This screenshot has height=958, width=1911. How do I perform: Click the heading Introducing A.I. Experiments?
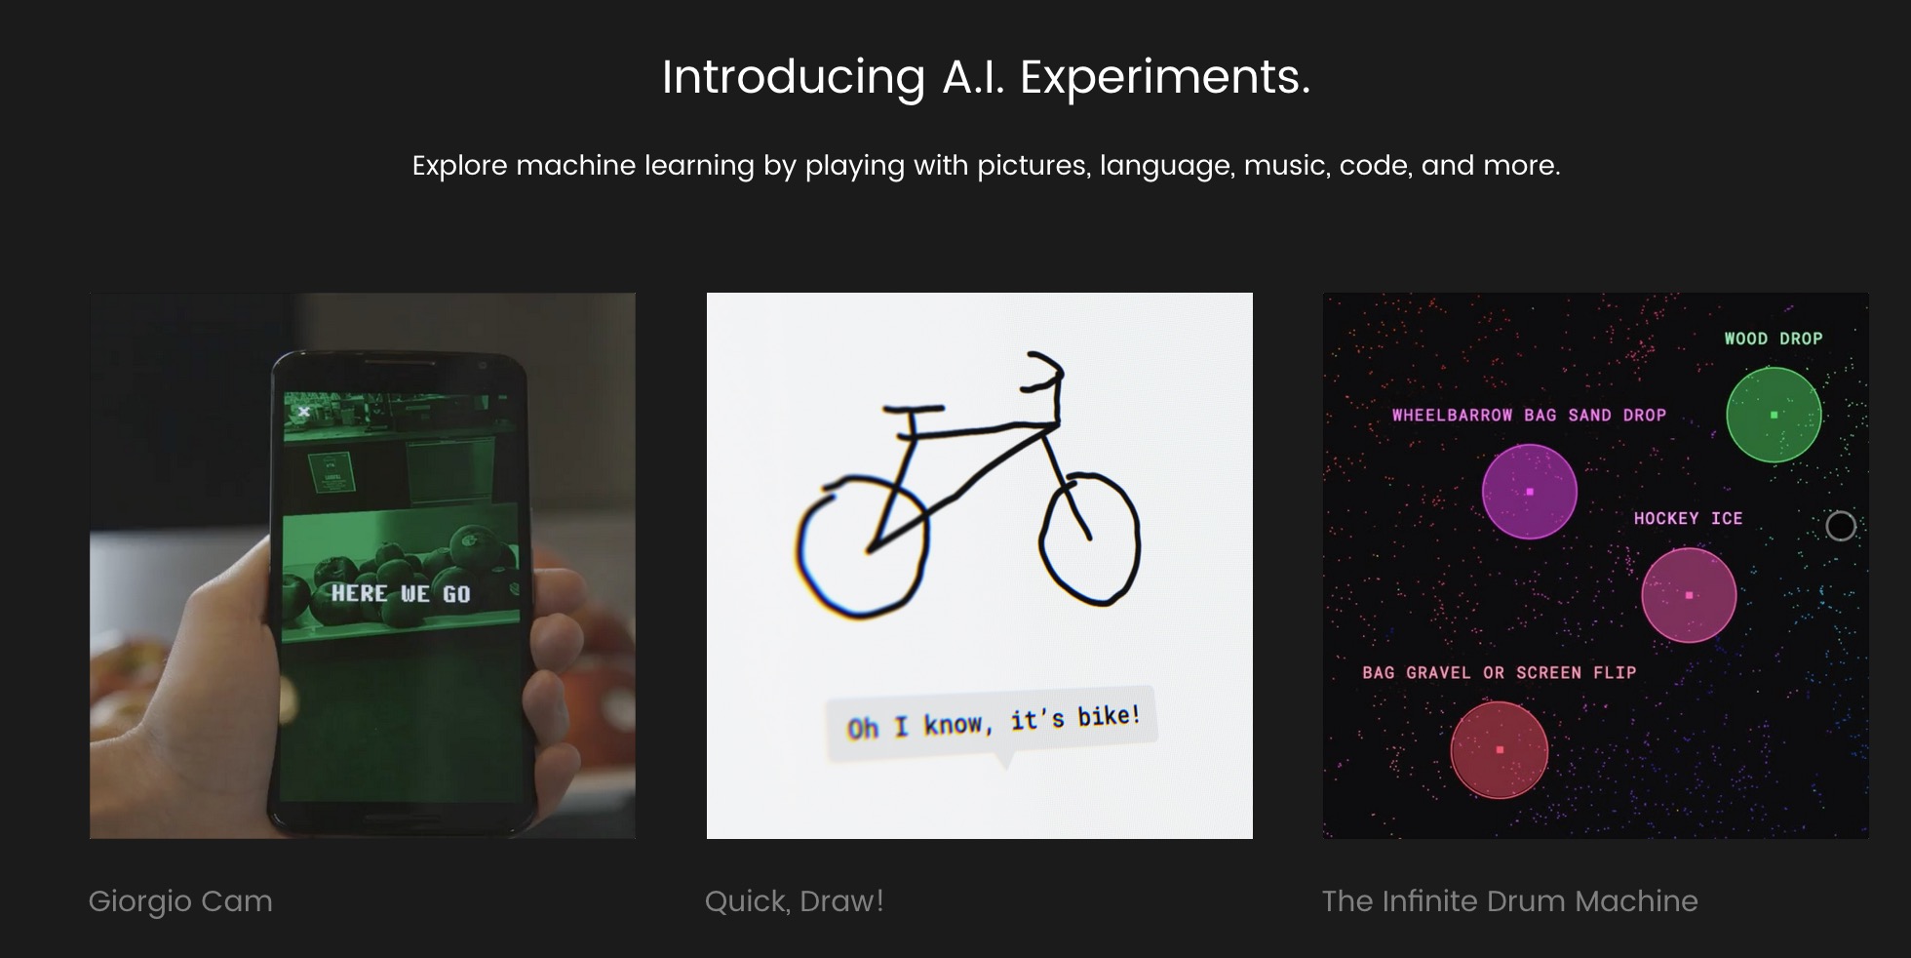[x=986, y=77]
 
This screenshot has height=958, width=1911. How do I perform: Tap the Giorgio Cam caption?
[x=180, y=900]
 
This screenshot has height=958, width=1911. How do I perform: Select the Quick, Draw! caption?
[x=794, y=900]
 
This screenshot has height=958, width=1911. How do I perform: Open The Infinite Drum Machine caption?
[x=1509, y=900]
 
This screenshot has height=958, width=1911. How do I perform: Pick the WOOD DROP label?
[x=1773, y=339]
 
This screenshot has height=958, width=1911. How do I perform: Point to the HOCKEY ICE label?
[x=1688, y=518]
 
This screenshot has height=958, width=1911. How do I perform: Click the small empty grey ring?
[x=1841, y=512]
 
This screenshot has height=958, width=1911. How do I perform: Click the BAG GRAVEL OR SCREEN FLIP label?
[x=1499, y=672]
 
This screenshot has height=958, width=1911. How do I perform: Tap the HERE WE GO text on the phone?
[x=401, y=593]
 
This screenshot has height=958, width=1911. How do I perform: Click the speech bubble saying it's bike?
[x=992, y=724]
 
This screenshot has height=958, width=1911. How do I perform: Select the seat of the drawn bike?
[x=914, y=409]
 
